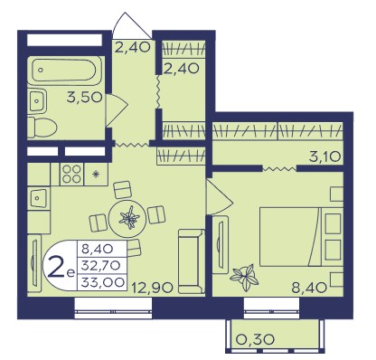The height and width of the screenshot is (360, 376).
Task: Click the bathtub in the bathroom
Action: pos(66,71)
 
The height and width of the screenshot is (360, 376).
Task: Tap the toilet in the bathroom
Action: pos(42,128)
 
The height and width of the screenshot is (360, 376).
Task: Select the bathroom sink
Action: pos(37,100)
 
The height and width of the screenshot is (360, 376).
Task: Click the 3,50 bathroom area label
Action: pos(85,98)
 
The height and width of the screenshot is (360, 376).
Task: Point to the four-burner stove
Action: pos(72,174)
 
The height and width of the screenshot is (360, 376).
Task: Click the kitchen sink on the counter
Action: pos(39,198)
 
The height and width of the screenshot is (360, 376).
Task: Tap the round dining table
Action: pos(127,216)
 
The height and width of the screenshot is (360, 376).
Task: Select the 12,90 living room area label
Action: pos(153,287)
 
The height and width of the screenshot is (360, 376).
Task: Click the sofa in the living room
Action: pos(191,261)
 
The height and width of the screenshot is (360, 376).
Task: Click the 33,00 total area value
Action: pos(103,282)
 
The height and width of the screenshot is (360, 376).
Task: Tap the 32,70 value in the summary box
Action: pos(101,266)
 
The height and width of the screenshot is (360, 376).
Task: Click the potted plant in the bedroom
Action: pos(244,277)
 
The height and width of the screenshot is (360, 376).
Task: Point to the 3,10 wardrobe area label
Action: pos(324,156)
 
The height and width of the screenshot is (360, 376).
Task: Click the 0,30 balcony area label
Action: pos(256,340)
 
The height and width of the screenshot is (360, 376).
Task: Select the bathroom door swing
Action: pos(117,109)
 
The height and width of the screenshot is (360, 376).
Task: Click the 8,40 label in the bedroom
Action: pos(309,288)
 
